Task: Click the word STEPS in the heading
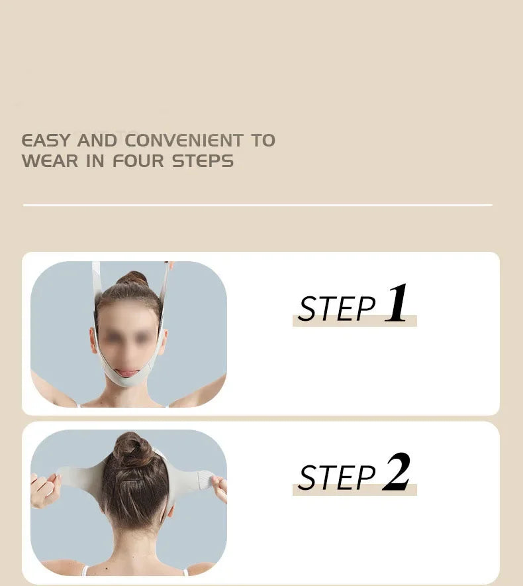click(203, 161)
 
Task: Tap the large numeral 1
click(396, 304)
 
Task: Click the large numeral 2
click(396, 472)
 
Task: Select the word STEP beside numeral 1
click(336, 309)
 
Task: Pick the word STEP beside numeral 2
click(336, 478)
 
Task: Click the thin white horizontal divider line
click(258, 205)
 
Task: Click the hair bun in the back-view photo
click(131, 449)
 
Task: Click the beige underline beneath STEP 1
click(354, 322)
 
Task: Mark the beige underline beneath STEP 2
click(354, 491)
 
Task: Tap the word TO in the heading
click(262, 141)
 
